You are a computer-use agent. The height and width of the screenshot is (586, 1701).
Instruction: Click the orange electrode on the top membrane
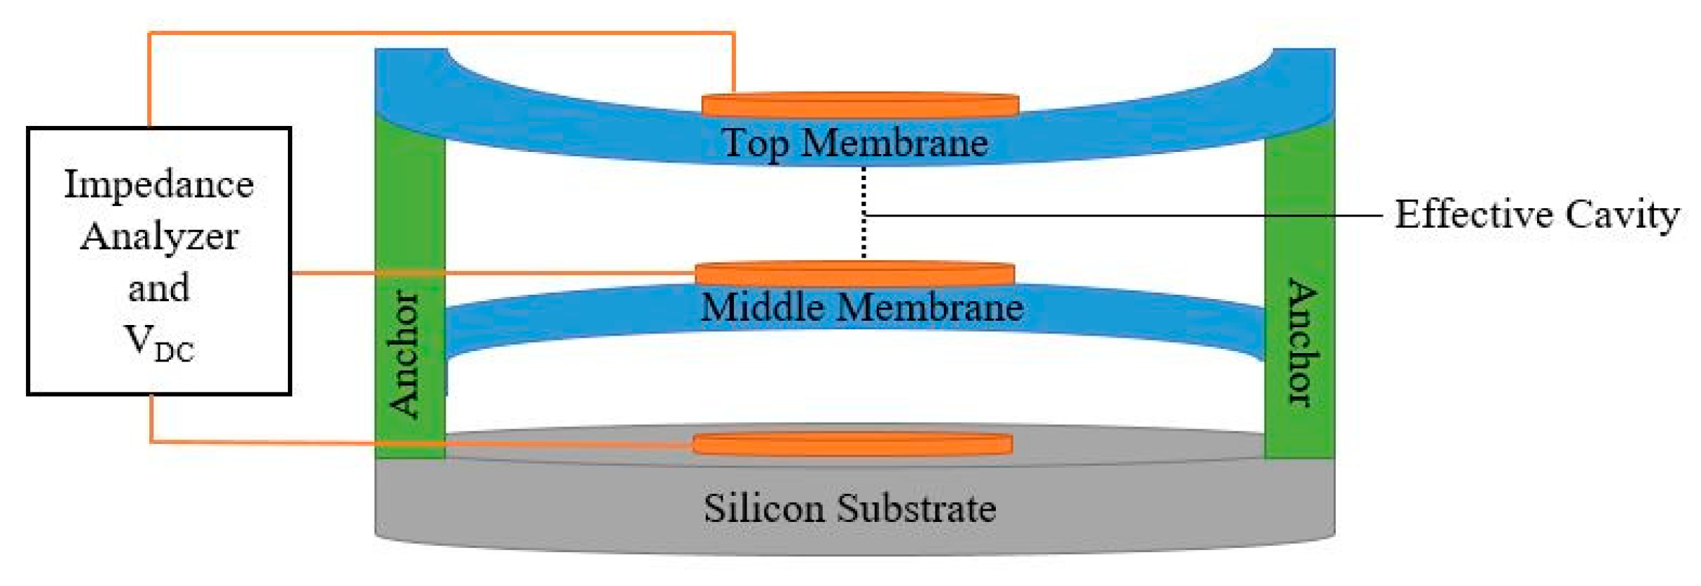pyautogui.click(x=860, y=105)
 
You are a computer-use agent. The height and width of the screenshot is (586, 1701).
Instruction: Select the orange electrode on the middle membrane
pyautogui.click(x=854, y=274)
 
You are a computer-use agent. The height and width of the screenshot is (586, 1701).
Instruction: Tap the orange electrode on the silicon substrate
pyautogui.click(x=852, y=444)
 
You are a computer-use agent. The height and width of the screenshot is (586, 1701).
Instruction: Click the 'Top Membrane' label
pyautogui.click(x=854, y=144)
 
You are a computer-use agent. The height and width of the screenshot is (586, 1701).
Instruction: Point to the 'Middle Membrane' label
pyautogui.click(x=861, y=308)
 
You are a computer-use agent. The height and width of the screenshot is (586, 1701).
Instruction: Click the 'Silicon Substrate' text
pyautogui.click(x=849, y=509)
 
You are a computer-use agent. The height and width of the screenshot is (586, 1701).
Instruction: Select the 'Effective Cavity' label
pyautogui.click(x=1536, y=215)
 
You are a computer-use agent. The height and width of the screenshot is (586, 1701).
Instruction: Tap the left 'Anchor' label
pyautogui.click(x=405, y=354)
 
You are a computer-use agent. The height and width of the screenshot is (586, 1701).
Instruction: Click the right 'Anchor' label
pyautogui.click(x=1301, y=343)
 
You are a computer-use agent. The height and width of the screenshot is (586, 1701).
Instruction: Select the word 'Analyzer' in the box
pyautogui.click(x=159, y=236)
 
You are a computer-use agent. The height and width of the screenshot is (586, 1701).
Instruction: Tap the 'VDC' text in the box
pyautogui.click(x=159, y=343)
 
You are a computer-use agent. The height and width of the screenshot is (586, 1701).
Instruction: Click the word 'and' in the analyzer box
pyautogui.click(x=159, y=288)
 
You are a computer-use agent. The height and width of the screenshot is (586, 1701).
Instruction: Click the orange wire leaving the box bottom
pyautogui.click(x=151, y=422)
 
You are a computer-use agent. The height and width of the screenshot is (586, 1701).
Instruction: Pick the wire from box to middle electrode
pyautogui.click(x=493, y=272)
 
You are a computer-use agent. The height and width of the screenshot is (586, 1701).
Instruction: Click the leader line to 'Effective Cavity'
pyautogui.click(x=1126, y=215)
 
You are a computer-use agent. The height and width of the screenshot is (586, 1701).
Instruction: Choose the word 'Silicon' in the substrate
pyautogui.click(x=764, y=509)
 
